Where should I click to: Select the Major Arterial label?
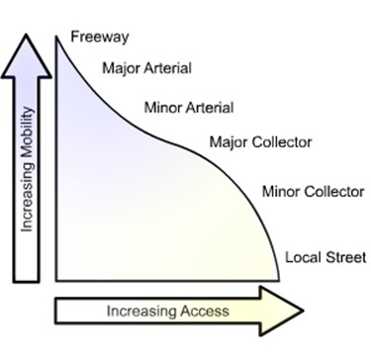pos(147,69)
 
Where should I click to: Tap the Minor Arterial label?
pos(188,106)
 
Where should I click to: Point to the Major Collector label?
pos(261,142)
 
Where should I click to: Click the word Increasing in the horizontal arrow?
pos(138,312)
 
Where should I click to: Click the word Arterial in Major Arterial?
pos(168,69)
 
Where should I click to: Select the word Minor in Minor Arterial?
pos(162,106)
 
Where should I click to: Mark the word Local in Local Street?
pos(301,258)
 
